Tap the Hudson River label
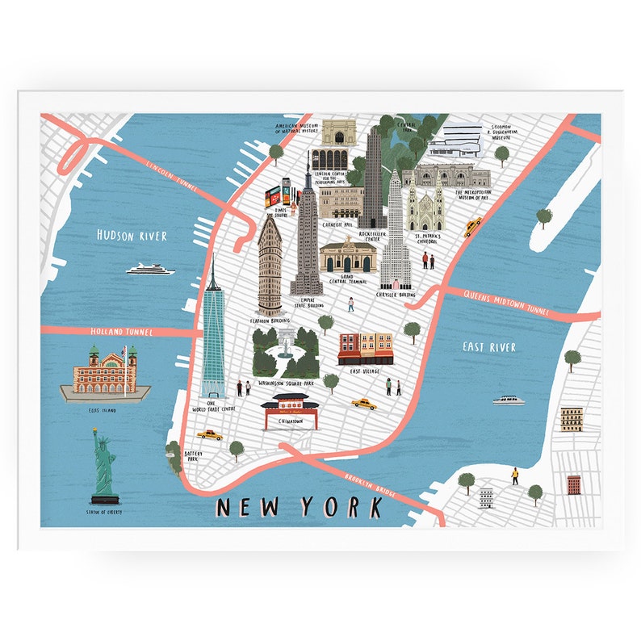[132, 236]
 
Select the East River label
[489, 347]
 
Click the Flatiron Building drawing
[270, 266]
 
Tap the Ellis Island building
[105, 373]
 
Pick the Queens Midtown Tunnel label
[506, 302]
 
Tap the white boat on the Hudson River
[150, 269]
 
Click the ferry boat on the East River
[509, 400]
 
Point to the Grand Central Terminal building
[347, 256]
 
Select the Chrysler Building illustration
[395, 234]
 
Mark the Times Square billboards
[279, 195]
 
